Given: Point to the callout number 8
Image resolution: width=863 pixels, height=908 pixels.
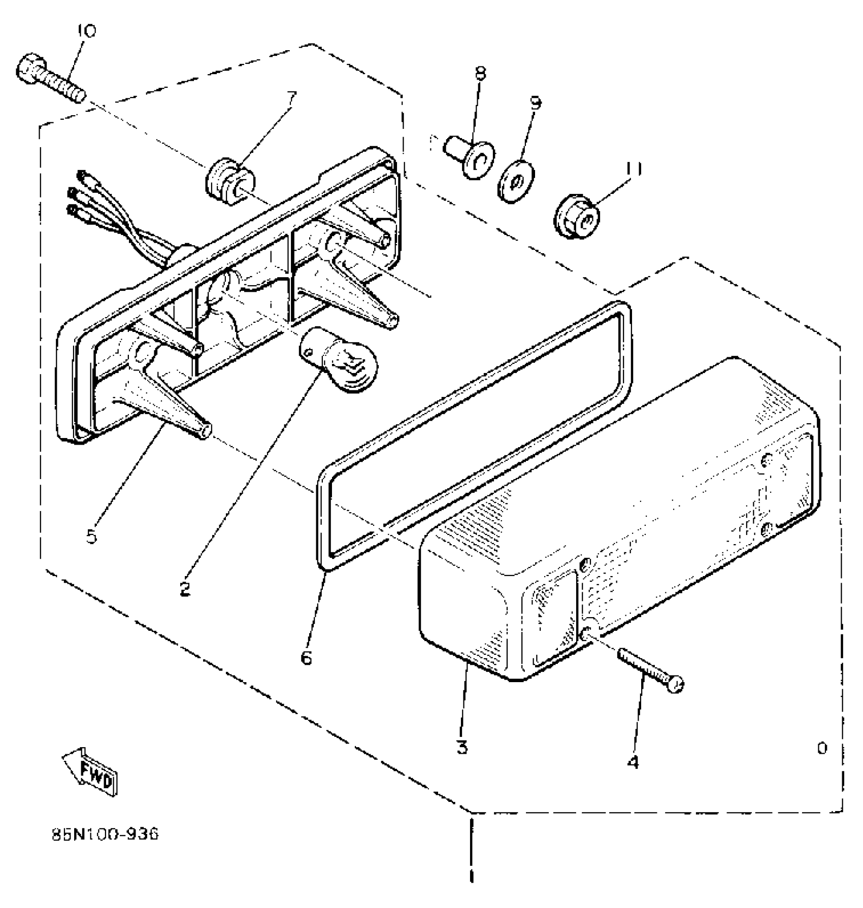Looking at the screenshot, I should [480, 74].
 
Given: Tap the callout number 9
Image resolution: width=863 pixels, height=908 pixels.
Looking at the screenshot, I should [536, 103].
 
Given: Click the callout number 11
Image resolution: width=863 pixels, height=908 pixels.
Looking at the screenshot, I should [634, 167].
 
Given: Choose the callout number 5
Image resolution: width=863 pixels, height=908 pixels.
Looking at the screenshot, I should [91, 536].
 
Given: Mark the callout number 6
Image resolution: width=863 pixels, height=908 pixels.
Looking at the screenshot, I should [306, 658].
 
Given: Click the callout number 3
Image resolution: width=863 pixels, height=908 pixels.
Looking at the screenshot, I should [462, 747].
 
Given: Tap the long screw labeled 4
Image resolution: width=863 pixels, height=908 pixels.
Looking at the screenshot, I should [650, 670].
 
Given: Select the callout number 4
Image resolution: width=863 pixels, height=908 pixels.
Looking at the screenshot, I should [633, 761].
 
